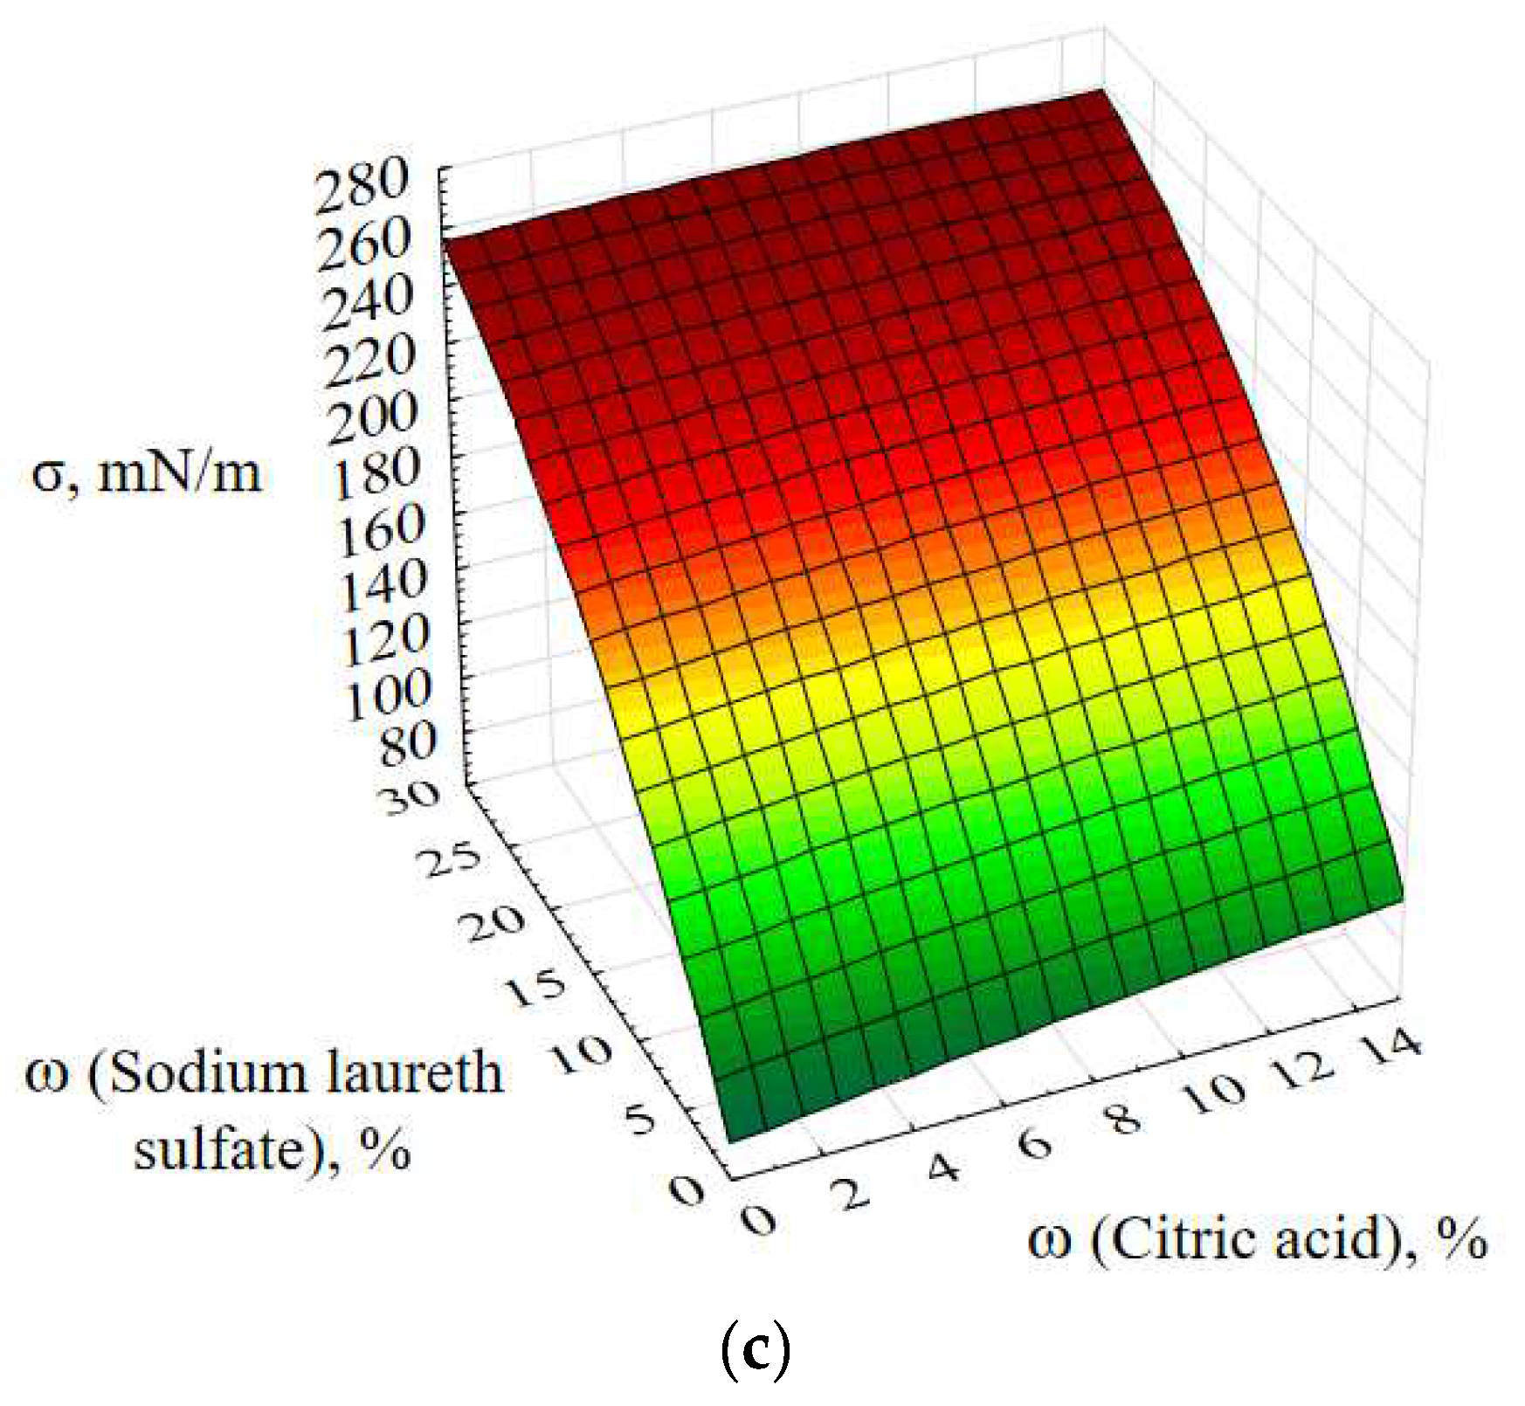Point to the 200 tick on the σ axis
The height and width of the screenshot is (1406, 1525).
tap(371, 417)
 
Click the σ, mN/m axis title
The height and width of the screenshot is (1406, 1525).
tap(147, 474)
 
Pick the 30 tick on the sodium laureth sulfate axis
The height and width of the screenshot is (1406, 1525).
tap(410, 796)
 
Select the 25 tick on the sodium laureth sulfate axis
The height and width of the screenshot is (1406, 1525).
tap(449, 859)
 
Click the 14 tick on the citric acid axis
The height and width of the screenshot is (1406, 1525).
tap(1391, 1044)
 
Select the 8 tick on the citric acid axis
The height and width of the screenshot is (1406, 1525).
tap(1124, 1119)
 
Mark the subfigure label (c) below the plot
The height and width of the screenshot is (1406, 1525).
tap(756, 1349)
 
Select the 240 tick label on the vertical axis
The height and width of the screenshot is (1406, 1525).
tap(365, 302)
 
